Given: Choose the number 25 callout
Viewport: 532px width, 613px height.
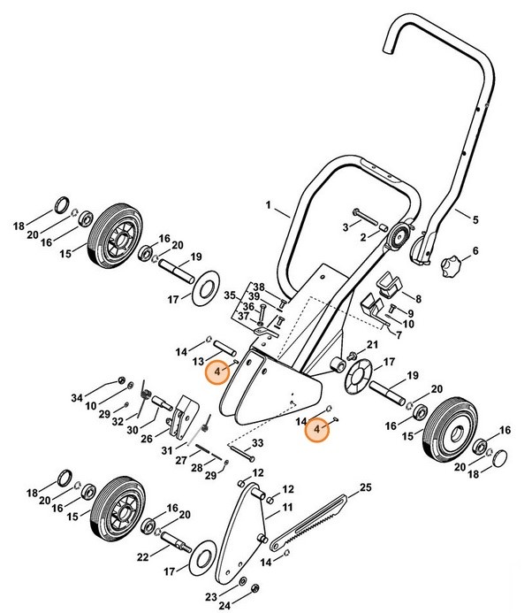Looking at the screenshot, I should [x=365, y=487].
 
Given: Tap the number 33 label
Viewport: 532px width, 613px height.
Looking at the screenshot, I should [x=257, y=442].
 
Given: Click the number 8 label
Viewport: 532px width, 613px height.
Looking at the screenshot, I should [x=418, y=299].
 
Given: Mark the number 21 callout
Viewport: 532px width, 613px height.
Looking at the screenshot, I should [x=372, y=344].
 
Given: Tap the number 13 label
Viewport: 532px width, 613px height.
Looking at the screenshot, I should [x=200, y=361].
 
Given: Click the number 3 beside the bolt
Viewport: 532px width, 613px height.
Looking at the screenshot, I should [x=346, y=227].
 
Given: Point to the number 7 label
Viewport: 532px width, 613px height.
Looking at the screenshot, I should [x=407, y=336].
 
